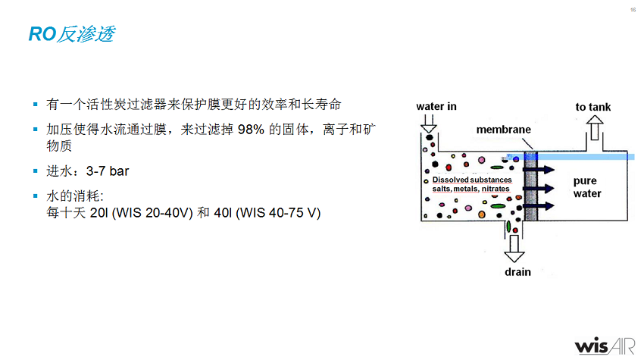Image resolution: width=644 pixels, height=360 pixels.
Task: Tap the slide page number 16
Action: coord(633,10)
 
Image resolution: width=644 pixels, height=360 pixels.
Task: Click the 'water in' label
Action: coord(436,106)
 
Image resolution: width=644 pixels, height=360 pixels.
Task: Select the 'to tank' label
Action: coord(593,107)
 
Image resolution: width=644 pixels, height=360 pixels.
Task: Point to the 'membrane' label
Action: coord(503,130)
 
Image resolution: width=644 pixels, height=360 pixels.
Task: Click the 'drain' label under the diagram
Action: coord(517,272)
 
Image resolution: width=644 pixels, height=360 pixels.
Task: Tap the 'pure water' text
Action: coord(586,187)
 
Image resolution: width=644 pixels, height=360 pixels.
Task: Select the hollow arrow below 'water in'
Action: coord(429,124)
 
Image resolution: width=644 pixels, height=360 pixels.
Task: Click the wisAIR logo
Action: coord(604,345)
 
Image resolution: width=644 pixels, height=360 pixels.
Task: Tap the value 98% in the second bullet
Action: coord(251,130)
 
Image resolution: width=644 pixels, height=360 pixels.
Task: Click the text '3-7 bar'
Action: coord(108,171)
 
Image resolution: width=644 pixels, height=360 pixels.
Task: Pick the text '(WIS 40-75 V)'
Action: coord(278,213)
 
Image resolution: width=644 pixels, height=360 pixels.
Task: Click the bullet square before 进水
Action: coord(35,171)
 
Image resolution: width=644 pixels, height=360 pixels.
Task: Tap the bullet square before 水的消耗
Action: coord(35,196)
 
